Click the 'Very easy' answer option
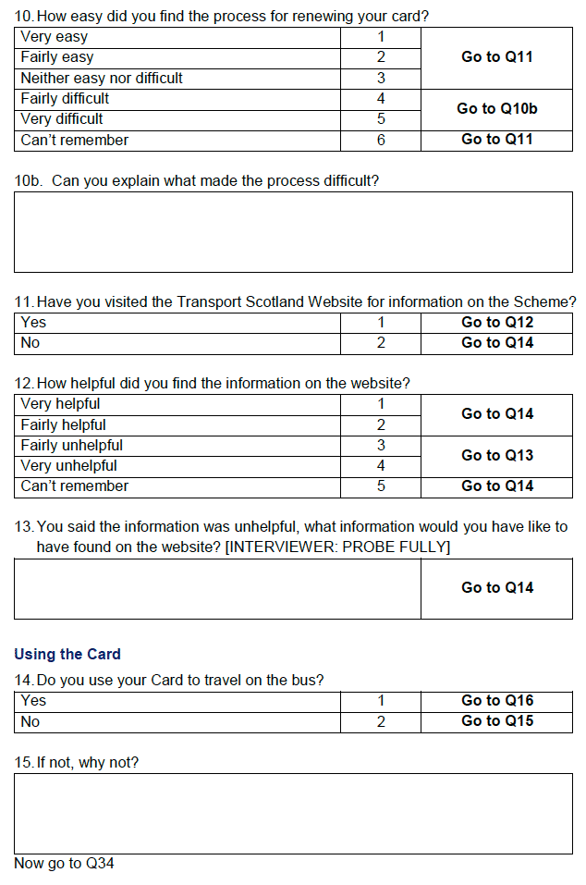pyautogui.click(x=55, y=37)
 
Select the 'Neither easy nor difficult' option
pyautogui.click(x=102, y=78)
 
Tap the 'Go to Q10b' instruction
pyautogui.click(x=496, y=109)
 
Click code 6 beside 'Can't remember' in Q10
pyautogui.click(x=380, y=140)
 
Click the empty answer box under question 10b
pyautogui.click(x=293, y=231)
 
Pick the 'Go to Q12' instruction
pyautogui.click(x=496, y=323)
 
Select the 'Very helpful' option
pyautogui.click(x=60, y=404)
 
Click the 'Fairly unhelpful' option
pyautogui.click(x=71, y=446)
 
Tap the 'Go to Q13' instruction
pyautogui.click(x=496, y=455)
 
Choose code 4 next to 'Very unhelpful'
pyautogui.click(x=380, y=466)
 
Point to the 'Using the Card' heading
pyautogui.click(x=67, y=654)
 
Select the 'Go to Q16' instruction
pyautogui.click(x=496, y=701)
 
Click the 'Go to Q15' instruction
pyautogui.click(x=496, y=721)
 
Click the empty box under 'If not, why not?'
pyautogui.click(x=293, y=813)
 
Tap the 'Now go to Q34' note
pyautogui.click(x=65, y=864)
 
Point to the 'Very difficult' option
pyautogui.click(x=62, y=119)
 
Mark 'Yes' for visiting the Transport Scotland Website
pyautogui.click(x=33, y=323)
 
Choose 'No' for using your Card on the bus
pyautogui.click(x=31, y=721)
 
